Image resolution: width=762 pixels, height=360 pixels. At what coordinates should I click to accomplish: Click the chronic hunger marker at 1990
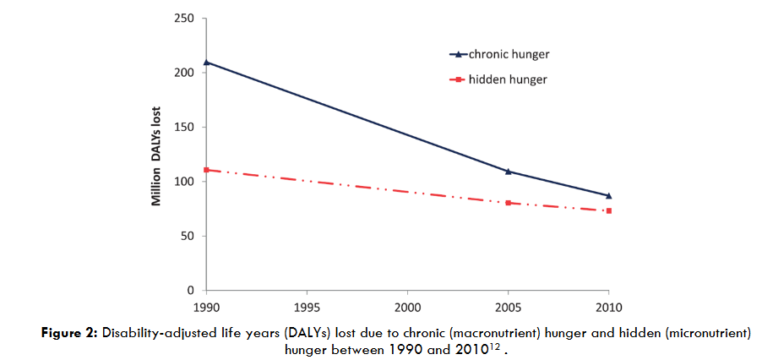click(206, 63)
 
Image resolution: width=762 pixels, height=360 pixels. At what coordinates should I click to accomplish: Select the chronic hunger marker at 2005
click(508, 172)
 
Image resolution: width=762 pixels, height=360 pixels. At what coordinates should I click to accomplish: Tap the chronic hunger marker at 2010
click(608, 196)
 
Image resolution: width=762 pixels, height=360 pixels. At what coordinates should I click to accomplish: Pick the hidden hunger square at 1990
click(206, 170)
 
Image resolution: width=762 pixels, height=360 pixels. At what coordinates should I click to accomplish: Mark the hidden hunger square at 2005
click(508, 203)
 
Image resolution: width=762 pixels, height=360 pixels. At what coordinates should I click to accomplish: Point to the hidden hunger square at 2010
click(608, 210)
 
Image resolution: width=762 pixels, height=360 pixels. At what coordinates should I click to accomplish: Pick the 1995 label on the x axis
click(307, 305)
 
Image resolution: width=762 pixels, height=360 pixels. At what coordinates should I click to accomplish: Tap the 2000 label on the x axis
click(407, 305)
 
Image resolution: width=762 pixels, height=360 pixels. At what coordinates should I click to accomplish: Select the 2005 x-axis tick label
click(508, 305)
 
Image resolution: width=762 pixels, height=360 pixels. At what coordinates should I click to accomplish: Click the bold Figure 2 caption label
click(71, 333)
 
